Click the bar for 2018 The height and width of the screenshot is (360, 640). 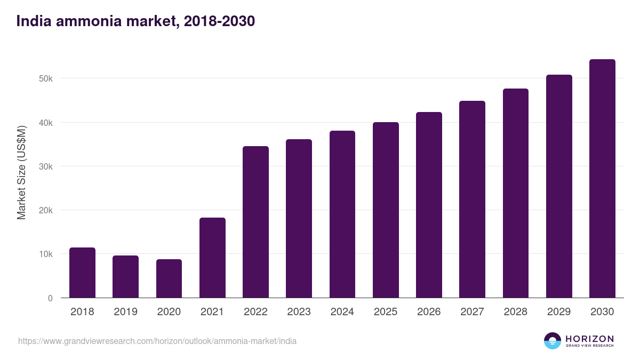coord(82,273)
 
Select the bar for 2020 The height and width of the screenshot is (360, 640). coord(169,278)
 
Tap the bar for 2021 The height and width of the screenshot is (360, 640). coord(212,258)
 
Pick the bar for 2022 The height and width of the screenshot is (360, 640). coord(255,222)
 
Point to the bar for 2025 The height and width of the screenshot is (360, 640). coord(386,210)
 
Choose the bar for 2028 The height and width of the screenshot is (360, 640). coord(516,193)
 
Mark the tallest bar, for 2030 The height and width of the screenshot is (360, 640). coord(602,179)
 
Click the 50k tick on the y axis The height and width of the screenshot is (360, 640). coord(46,79)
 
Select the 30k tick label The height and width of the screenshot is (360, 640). coord(46,166)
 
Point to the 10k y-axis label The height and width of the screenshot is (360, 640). coord(46,254)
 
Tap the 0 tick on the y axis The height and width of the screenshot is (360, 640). coord(50,298)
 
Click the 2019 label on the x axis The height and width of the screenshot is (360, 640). coord(125,312)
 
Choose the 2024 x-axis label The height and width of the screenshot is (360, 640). coord(342,312)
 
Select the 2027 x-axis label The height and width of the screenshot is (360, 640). coord(472,312)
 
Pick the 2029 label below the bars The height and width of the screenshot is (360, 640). coord(559,312)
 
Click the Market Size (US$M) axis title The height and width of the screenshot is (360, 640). coord(21,172)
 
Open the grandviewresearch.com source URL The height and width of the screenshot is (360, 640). coord(157,341)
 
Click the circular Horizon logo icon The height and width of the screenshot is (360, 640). coord(552,341)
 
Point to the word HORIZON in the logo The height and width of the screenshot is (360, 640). coord(589,338)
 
